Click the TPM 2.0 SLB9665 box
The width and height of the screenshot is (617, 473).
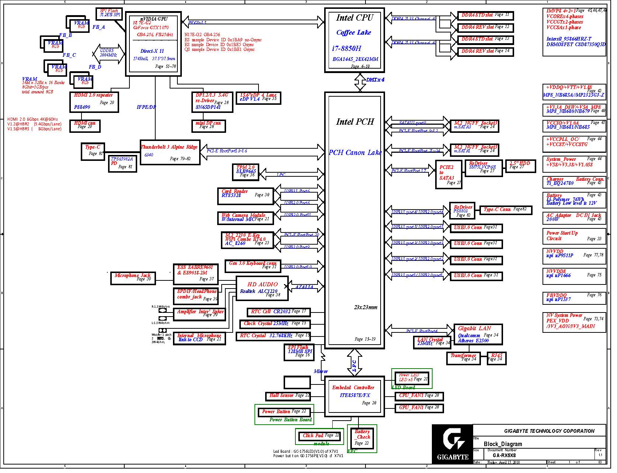[x=247, y=172]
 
